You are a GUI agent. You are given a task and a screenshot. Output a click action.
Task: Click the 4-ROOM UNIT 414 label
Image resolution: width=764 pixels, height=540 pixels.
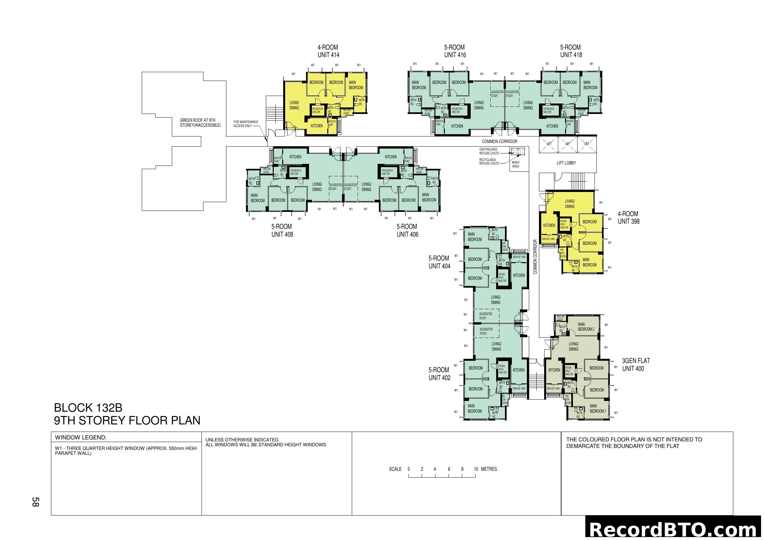tap(328, 51)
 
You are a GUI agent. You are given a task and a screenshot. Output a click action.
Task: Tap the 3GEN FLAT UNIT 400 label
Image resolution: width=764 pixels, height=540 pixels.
tap(636, 364)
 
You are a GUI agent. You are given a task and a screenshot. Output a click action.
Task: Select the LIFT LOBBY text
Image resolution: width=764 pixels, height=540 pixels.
tap(566, 163)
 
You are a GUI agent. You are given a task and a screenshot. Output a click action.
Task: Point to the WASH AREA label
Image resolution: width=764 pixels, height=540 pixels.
tap(515, 164)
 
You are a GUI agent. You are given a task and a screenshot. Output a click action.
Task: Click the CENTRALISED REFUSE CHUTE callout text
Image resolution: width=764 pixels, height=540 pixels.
tap(489, 151)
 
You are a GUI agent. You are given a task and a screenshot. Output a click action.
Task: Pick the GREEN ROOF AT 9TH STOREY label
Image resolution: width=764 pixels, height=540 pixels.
tap(200, 123)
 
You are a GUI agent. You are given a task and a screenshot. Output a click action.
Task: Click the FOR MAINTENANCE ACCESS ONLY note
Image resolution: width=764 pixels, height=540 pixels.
tap(246, 124)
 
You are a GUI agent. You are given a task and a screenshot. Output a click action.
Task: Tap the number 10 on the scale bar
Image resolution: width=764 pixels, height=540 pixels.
tap(476, 469)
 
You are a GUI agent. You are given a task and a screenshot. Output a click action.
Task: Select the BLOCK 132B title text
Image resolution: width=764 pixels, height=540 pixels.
tap(88, 408)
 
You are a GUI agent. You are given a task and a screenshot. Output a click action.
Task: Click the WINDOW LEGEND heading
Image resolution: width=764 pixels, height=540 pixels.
tap(81, 437)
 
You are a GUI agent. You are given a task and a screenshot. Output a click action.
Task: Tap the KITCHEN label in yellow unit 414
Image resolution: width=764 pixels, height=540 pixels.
tap(317, 126)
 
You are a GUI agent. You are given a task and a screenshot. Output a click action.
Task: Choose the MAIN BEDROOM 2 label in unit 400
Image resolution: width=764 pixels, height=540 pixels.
tap(586, 326)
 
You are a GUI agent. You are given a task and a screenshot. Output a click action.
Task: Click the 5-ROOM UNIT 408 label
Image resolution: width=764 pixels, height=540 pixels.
tap(282, 230)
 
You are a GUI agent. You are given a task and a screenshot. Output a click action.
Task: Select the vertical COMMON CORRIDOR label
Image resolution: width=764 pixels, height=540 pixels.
tap(535, 257)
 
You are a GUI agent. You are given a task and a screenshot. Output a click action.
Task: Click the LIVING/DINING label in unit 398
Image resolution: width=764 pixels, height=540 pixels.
tap(569, 203)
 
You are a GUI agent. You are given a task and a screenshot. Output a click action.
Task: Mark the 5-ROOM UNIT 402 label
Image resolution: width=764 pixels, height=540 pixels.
tap(439, 374)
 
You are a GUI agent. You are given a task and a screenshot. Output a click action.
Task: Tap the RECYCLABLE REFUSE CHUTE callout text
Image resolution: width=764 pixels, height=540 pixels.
tap(489, 162)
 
